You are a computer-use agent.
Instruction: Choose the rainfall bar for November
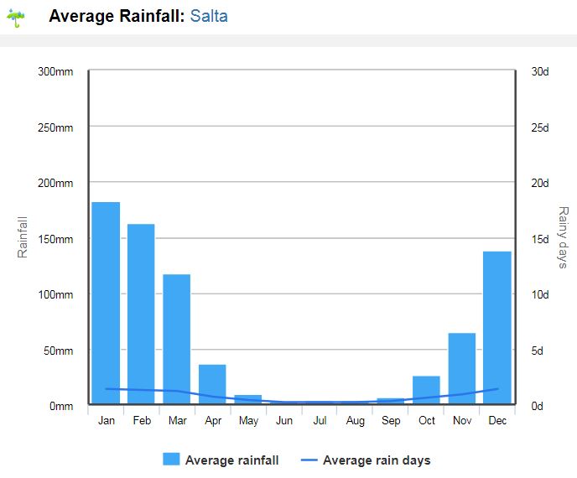(461, 369)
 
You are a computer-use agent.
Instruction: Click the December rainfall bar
(497, 328)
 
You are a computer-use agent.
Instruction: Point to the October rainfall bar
(426, 390)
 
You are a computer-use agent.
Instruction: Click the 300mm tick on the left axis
(56, 71)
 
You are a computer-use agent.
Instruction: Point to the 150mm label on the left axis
(56, 239)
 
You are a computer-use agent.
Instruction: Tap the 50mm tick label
(59, 351)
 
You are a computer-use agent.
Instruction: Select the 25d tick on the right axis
(540, 127)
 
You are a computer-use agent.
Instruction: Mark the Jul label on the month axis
(320, 420)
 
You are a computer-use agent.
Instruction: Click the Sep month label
(391, 420)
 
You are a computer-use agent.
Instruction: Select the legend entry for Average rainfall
(221, 460)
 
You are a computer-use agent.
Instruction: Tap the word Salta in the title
(209, 16)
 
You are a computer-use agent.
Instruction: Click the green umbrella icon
(16, 18)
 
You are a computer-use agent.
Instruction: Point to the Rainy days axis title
(563, 238)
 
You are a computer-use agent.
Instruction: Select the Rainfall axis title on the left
(23, 237)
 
